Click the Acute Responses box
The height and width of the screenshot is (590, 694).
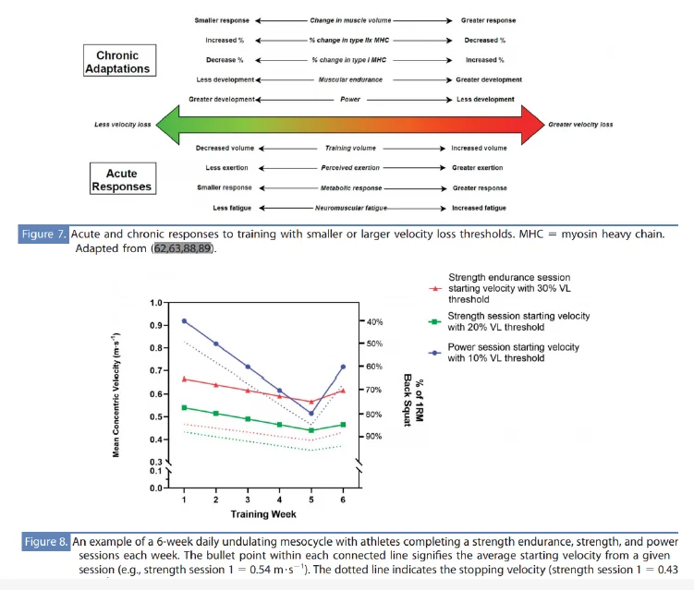(x=121, y=178)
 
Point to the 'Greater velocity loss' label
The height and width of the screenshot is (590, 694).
(x=580, y=124)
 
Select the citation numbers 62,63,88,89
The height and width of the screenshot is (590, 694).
(x=184, y=249)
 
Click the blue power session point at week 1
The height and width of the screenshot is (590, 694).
(x=185, y=321)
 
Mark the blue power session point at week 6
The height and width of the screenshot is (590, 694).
(x=343, y=367)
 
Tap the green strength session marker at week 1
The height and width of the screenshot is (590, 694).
(x=185, y=407)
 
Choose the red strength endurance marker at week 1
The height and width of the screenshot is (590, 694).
(x=185, y=379)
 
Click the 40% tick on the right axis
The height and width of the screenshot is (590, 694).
(x=373, y=321)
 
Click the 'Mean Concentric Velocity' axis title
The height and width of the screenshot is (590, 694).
(x=119, y=395)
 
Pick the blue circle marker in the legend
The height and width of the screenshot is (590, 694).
(x=433, y=352)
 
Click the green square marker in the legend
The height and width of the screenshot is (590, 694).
(x=433, y=320)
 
